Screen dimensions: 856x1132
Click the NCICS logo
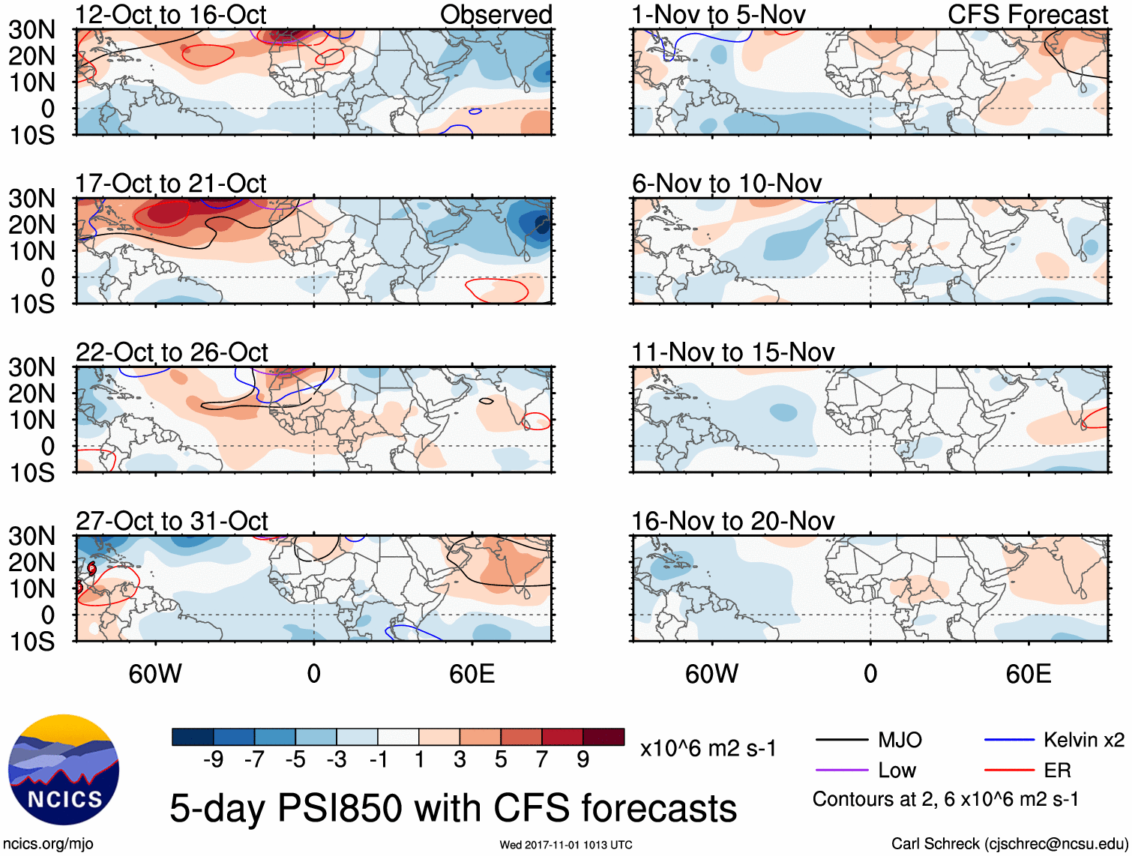coord(63,770)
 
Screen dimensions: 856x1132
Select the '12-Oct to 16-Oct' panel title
coord(171,15)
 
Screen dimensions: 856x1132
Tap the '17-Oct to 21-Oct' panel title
coord(171,184)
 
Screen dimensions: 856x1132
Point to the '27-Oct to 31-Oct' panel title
coord(172,521)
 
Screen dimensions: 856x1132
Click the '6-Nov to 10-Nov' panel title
coord(726,184)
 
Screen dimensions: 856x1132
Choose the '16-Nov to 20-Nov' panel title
coord(732,521)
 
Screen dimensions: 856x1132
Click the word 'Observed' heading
coord(496,15)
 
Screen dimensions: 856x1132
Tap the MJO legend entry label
coord(900,741)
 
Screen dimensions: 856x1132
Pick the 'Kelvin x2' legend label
coord(1083,741)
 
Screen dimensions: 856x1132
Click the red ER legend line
coord(1009,770)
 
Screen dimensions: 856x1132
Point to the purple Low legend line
coord(842,770)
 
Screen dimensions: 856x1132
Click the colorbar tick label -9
coord(213,760)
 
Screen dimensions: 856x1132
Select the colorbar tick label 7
coord(542,760)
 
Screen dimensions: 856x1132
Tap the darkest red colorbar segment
coord(603,737)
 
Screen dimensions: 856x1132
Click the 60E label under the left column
coord(472,674)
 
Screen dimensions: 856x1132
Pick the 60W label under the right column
coord(711,674)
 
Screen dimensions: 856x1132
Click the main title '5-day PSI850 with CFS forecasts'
coord(453,808)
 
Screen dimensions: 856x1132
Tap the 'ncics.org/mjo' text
coord(48,844)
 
